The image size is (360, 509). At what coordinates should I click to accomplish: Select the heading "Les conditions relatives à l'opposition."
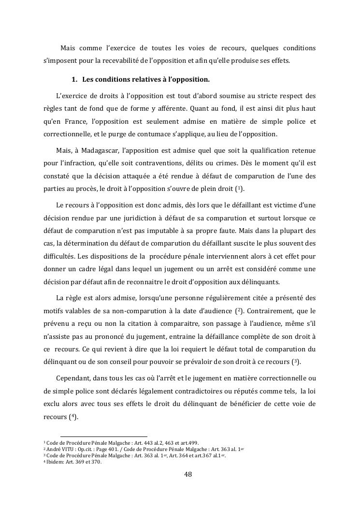[146, 79]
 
